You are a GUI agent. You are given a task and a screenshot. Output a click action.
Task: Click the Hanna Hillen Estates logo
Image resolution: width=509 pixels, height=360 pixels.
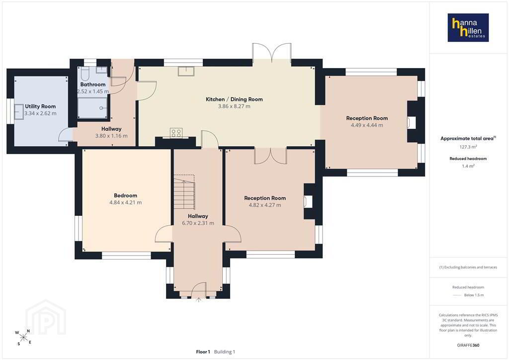468,27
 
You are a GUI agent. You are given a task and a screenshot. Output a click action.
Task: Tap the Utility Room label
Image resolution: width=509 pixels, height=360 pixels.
40,106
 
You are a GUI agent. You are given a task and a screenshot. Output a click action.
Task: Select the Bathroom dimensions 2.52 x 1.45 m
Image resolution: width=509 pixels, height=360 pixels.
93,91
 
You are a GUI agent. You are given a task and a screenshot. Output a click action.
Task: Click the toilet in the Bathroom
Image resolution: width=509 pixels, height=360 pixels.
85,74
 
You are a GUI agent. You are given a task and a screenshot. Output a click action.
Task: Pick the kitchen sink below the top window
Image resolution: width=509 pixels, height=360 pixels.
186,71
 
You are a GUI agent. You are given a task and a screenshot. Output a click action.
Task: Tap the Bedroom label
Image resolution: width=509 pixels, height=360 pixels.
125,195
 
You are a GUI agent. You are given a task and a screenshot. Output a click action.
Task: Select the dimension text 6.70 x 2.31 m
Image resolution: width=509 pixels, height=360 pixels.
198,223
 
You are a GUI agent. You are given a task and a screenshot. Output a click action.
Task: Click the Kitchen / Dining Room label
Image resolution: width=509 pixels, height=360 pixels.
235,99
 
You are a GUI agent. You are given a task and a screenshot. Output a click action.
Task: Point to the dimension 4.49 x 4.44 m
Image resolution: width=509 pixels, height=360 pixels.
367,125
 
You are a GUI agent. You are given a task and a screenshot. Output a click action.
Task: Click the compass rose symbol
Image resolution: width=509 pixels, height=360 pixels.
23,337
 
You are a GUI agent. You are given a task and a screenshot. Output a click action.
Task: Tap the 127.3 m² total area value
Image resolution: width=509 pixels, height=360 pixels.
468,147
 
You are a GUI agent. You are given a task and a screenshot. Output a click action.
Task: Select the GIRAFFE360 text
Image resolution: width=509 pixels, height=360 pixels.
468,345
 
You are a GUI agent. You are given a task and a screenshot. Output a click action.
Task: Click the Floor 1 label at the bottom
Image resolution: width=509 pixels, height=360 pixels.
203,352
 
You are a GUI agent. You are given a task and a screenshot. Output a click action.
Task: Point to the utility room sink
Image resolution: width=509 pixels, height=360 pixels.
19,112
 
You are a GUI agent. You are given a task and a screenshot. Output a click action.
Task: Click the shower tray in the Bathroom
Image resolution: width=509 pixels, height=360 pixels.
92,108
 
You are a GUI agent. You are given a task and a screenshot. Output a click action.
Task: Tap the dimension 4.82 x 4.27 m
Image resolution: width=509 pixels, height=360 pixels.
265,205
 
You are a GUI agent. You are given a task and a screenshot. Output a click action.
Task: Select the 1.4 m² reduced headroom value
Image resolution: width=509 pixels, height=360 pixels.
468,166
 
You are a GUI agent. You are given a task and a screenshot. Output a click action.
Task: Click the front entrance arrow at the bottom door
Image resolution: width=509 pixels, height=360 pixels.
199,300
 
